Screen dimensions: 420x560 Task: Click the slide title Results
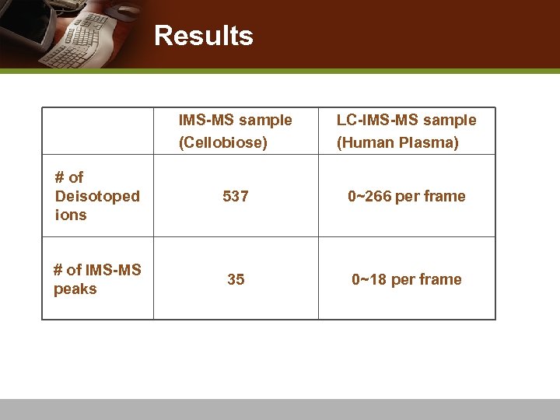coord(203,36)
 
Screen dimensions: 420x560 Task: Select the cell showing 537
coord(236,197)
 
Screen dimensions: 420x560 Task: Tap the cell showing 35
coord(236,279)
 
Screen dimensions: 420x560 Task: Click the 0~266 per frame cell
coord(406,197)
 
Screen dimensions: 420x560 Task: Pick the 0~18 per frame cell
coord(406,279)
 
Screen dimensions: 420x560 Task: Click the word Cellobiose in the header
coord(223,143)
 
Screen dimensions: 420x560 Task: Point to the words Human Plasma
coord(397,143)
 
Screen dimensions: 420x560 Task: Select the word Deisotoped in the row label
coord(97,196)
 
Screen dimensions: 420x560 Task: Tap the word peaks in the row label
coord(75,289)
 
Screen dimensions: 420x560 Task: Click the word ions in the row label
coord(71,215)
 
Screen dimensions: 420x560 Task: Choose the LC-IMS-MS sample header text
coord(406,121)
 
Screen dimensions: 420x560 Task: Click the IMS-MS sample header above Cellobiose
coord(235,121)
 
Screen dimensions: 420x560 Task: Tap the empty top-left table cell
coord(98,131)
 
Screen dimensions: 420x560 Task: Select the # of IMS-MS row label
coord(97,270)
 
